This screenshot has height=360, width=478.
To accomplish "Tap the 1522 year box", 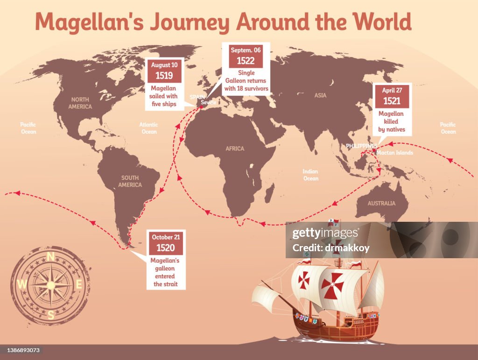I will pyautogui.click(x=246, y=60).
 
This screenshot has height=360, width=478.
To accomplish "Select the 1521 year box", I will pyautogui.click(x=392, y=100).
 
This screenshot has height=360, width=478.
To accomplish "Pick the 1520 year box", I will pyautogui.click(x=166, y=248).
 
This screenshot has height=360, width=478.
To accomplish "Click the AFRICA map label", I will pyautogui.click(x=235, y=148).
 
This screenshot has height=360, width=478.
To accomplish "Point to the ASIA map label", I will pyautogui.click(x=320, y=95).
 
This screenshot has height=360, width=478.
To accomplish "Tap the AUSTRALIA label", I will pyautogui.click(x=381, y=203).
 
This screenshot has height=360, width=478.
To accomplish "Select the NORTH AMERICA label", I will pyautogui.click(x=80, y=103).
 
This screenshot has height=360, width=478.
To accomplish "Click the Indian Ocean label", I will pyautogui.click(x=310, y=175).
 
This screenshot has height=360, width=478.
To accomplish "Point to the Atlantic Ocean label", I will pyautogui.click(x=148, y=128).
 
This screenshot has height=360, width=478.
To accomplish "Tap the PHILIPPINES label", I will pyautogui.click(x=361, y=146).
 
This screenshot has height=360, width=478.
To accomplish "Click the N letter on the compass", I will pyautogui.click(x=51, y=256).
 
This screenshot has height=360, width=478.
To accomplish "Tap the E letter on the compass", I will pyautogui.click(x=79, y=284).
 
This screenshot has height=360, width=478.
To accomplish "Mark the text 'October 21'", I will pyautogui.click(x=166, y=237).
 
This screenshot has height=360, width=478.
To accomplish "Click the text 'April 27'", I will pyautogui.click(x=392, y=90).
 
